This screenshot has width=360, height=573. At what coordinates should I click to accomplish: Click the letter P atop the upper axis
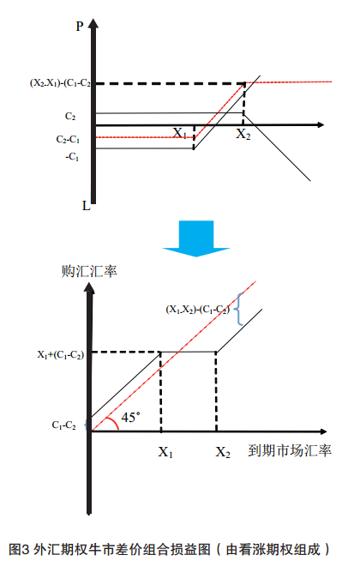[79, 27]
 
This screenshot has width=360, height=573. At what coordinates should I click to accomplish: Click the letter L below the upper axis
[87, 206]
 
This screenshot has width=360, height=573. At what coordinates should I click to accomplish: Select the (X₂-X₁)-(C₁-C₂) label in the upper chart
[60, 83]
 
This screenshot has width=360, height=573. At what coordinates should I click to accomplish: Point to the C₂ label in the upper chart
[70, 116]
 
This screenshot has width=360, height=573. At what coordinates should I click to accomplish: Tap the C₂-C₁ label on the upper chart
[68, 139]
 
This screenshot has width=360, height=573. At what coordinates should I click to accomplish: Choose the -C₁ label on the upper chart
[72, 157]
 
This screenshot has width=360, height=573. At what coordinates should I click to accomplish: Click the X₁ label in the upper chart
[180, 133]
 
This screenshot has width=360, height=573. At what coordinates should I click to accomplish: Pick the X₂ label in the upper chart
[243, 134]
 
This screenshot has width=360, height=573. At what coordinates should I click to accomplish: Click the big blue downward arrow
[196, 238]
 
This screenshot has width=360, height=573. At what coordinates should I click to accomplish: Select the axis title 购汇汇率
[89, 271]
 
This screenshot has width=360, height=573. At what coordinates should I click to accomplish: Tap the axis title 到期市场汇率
[290, 450]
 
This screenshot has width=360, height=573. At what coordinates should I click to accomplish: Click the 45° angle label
[130, 417]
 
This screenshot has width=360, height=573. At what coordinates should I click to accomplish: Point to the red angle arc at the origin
[114, 422]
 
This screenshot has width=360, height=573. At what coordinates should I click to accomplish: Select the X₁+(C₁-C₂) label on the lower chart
[61, 354]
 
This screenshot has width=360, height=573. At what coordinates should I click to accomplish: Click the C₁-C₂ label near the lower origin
[64, 425]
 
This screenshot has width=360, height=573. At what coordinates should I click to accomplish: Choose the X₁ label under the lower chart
[165, 452]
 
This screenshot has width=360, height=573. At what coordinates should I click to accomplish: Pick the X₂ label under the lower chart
[223, 452]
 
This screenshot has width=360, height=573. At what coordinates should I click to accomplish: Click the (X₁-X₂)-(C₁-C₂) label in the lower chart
[198, 310]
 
